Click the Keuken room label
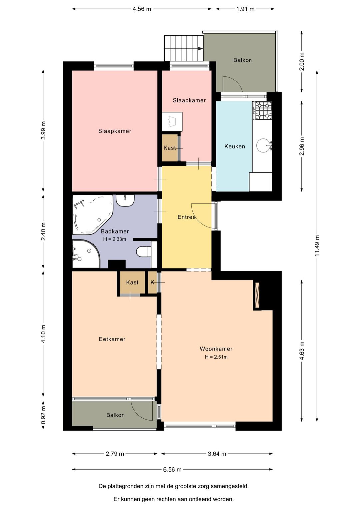[x=235, y=146]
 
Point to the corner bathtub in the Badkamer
[x=92, y=214]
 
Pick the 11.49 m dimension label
[x=317, y=245]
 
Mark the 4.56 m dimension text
[x=142, y=9]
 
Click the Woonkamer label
[x=216, y=349]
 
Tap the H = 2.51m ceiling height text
[x=216, y=357]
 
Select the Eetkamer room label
[x=112, y=339]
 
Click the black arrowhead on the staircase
[x=200, y=48]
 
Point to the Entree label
[x=186, y=217]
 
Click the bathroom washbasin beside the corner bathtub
[x=125, y=200]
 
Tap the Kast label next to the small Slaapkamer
[x=170, y=148]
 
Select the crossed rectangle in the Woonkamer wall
[x=257, y=295]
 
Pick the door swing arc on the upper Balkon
[x=233, y=84]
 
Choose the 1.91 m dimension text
[x=245, y=9]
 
